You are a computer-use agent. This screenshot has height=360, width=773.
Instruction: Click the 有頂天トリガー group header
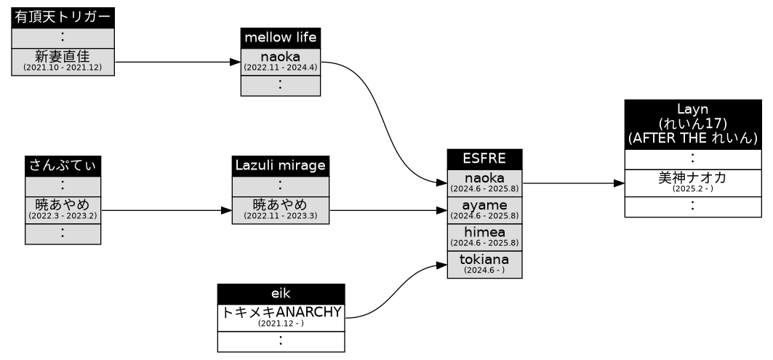pyautogui.click(x=63, y=18)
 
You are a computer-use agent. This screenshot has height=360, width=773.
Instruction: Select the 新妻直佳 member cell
pyautogui.click(x=63, y=61)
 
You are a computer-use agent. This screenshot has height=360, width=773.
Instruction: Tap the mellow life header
pyautogui.click(x=280, y=37)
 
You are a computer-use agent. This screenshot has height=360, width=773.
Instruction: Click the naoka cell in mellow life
pyautogui.click(x=280, y=61)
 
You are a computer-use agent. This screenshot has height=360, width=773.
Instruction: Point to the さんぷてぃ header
pyautogui.click(x=63, y=166)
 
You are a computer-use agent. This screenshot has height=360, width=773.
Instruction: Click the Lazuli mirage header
pyautogui.click(x=280, y=166)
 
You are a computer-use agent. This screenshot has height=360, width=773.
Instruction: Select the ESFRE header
pyautogui.click(x=484, y=159)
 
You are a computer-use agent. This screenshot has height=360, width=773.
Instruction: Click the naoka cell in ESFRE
pyautogui.click(x=484, y=183)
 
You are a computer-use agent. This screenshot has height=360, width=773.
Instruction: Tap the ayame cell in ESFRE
pyautogui.click(x=484, y=209)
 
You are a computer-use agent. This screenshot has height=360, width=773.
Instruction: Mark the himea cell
pyautogui.click(x=484, y=236)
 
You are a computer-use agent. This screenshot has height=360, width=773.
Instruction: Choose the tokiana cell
pyautogui.click(x=484, y=263)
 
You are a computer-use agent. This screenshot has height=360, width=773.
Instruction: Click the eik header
pyautogui.click(x=281, y=294)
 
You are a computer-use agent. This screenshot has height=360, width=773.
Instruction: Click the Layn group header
pyautogui.click(x=692, y=124)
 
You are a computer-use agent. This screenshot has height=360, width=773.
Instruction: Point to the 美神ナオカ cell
pyautogui.click(x=692, y=183)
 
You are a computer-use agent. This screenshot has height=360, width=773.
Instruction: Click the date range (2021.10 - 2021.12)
pyautogui.click(x=63, y=68)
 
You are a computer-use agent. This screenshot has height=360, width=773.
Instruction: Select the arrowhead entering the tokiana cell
pyautogui.click(x=441, y=264)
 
